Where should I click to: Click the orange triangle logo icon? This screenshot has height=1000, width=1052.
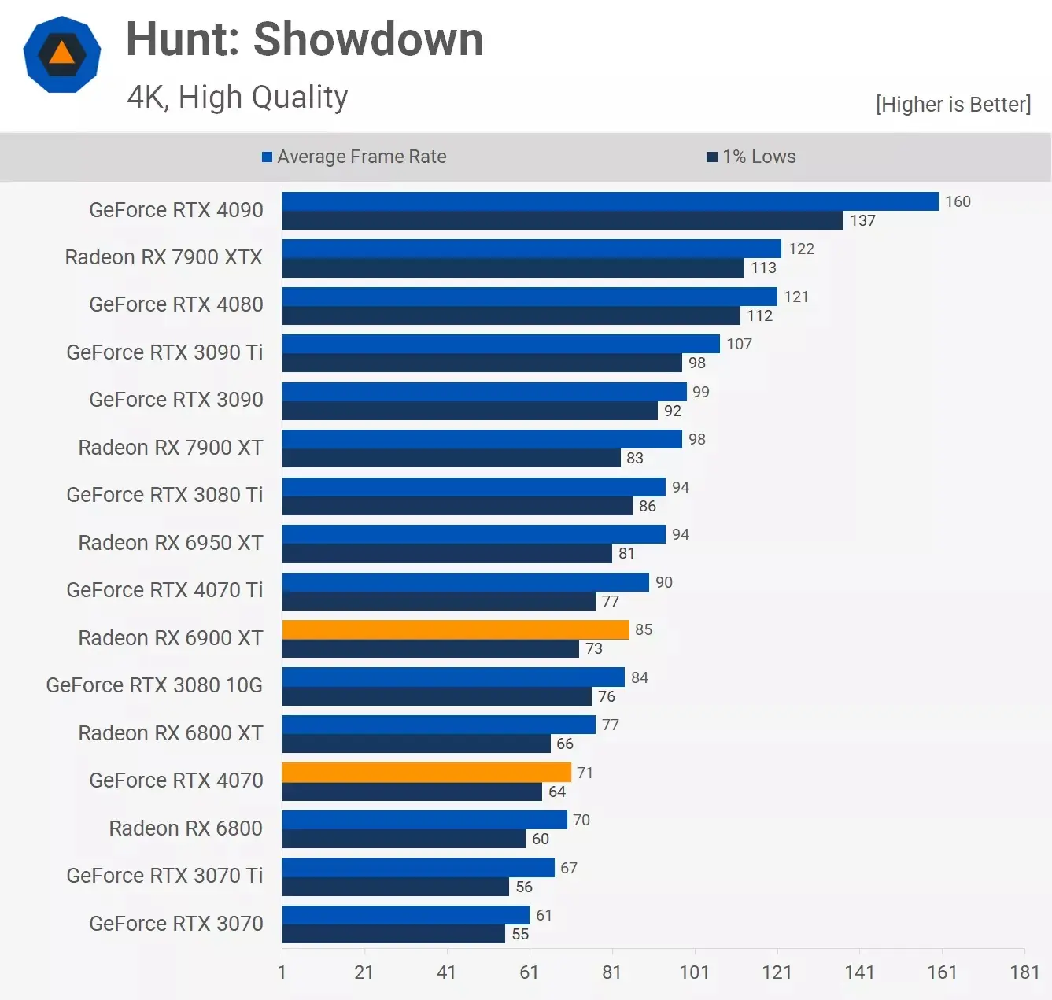coord(62,54)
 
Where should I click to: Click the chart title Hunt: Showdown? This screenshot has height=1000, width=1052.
coord(305,39)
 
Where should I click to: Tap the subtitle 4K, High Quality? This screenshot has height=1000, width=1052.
coord(237,98)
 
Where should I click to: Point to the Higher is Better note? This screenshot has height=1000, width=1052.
coord(953,105)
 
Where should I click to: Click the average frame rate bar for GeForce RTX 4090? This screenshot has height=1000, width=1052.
coord(610,201)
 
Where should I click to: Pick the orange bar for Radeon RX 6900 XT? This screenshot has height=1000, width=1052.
coord(456,629)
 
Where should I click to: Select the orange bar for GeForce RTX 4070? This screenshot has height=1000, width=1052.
coord(426,772)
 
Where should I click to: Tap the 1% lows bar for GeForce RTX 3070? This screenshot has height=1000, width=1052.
coord(393,934)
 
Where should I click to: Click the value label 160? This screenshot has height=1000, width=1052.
coord(958,201)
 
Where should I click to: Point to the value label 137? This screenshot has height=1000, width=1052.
coord(862,221)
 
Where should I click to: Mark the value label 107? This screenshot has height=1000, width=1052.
coord(739,344)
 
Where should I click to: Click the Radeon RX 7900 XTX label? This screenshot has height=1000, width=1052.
coord(164,257)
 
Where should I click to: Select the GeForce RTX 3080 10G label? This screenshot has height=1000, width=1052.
coord(154,685)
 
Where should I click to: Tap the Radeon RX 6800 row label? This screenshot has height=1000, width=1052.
coord(186,828)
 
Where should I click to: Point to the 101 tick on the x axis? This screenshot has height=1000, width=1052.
coord(694,972)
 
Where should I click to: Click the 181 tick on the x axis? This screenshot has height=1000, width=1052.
coord(1024,972)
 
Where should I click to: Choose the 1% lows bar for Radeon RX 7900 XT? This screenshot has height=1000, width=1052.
coord(451,458)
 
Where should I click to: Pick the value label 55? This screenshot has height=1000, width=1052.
coord(520,934)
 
